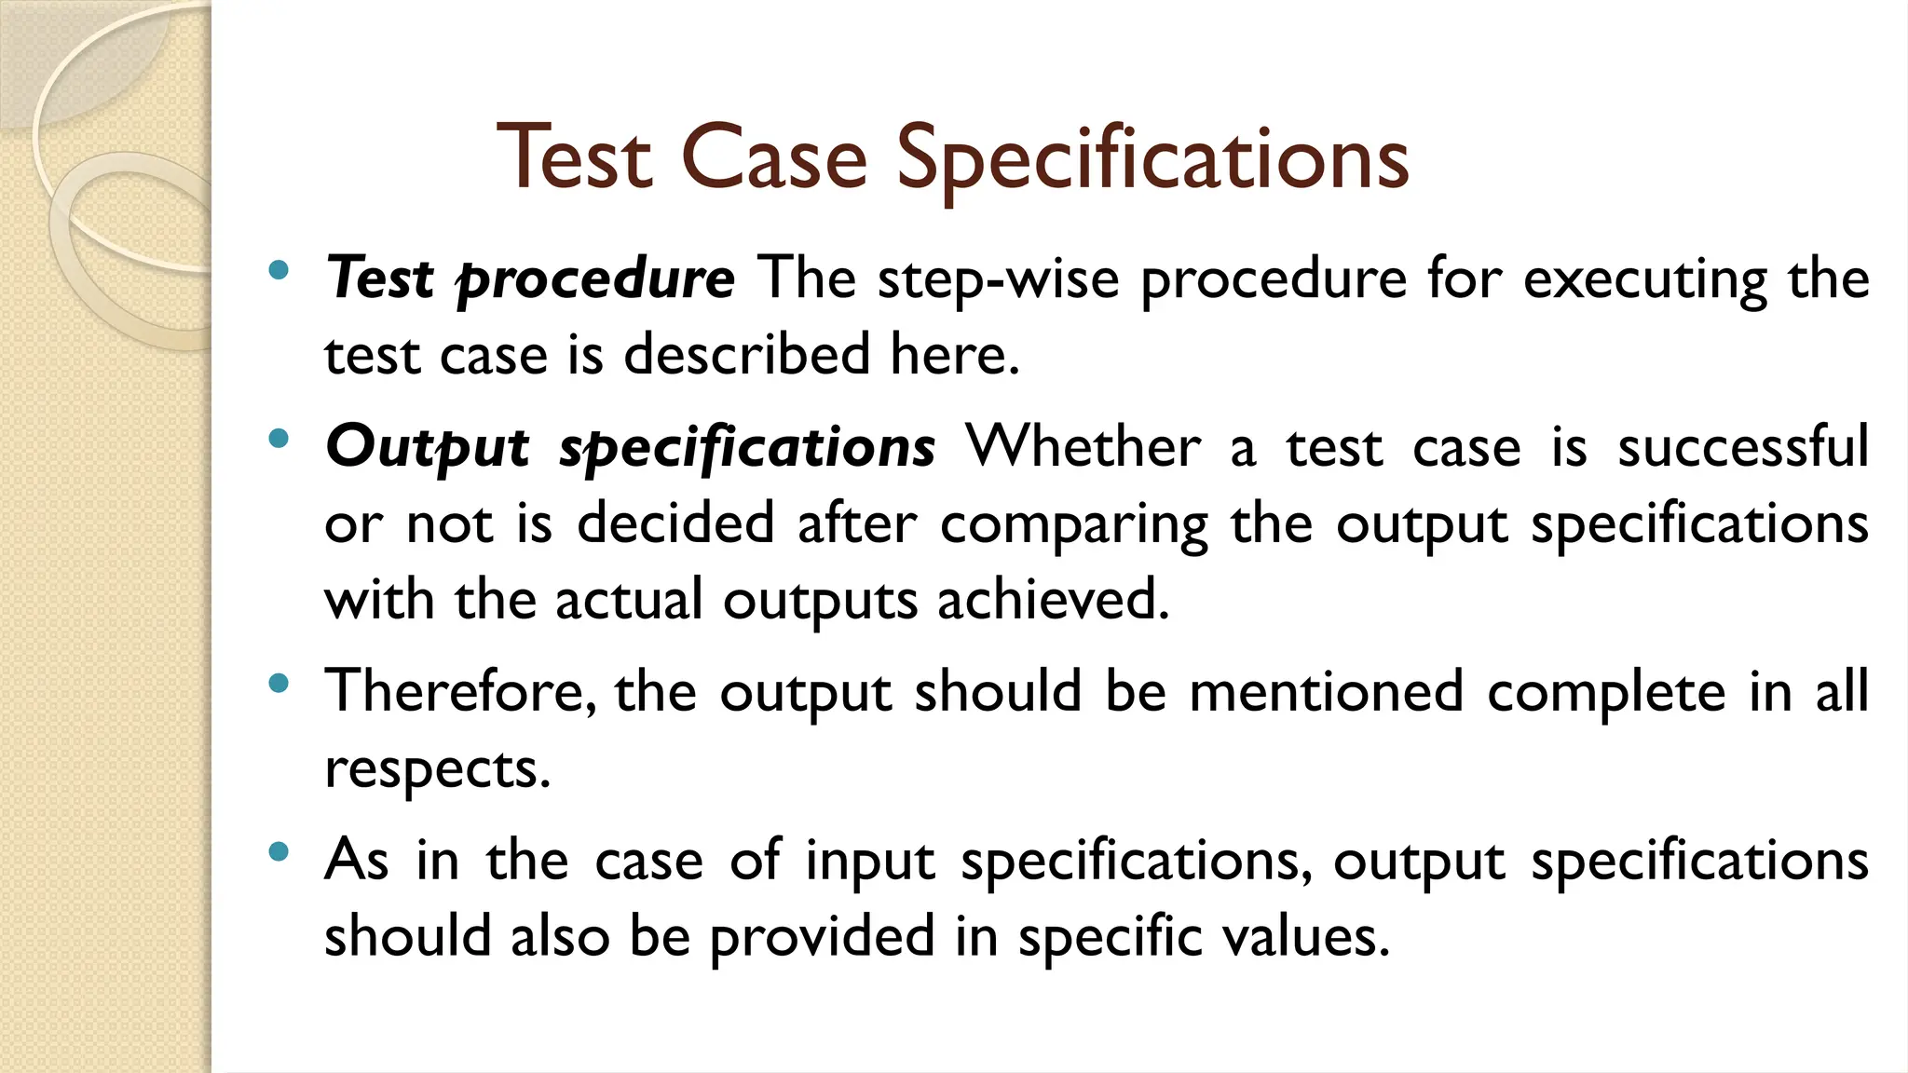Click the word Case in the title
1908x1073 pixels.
coord(775,158)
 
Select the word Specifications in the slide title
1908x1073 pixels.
coord(1152,160)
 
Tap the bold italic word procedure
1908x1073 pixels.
coord(595,279)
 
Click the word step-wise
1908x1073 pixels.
coord(998,279)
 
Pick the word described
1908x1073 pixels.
coord(746,355)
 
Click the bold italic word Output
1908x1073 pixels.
coord(428,447)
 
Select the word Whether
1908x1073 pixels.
coord(1083,446)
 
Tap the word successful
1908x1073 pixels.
coord(1743,446)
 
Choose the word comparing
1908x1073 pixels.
coord(1073,524)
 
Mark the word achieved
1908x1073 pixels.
coord(1053,599)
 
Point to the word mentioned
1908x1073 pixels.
coord(1326,692)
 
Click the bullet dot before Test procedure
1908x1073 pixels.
coord(278,271)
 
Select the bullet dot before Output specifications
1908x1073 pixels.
coord(278,439)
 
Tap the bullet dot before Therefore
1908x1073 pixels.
coord(278,684)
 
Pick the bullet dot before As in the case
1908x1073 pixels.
coord(278,851)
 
